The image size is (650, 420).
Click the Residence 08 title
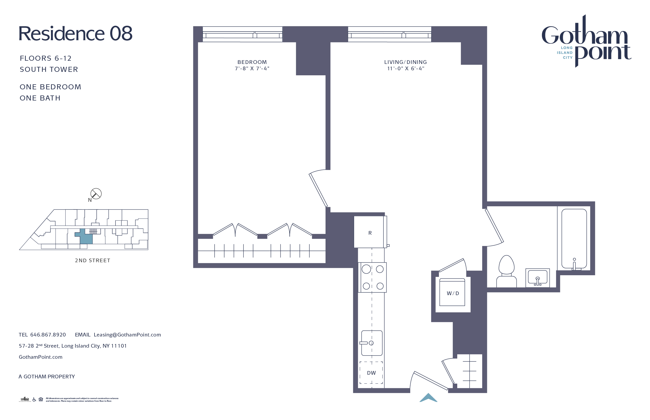click(75, 34)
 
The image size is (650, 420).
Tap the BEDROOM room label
click(252, 62)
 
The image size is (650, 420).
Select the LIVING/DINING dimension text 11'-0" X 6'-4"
click(405, 68)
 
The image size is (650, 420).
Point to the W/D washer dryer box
click(452, 293)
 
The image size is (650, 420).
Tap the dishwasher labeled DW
click(371, 373)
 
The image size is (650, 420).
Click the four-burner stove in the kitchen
click(372, 277)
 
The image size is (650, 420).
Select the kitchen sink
click(372, 343)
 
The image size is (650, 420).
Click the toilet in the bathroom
click(506, 271)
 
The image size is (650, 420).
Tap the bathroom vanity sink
click(537, 278)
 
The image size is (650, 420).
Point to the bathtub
click(574, 239)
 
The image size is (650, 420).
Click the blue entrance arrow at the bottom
click(428, 398)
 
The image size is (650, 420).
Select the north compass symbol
click(96, 194)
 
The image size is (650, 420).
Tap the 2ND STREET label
click(93, 260)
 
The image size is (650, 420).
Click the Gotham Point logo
click(586, 41)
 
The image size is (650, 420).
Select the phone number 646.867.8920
click(48, 335)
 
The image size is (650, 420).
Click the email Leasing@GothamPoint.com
click(127, 335)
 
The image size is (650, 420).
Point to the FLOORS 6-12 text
click(46, 58)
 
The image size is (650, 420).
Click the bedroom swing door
click(318, 190)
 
